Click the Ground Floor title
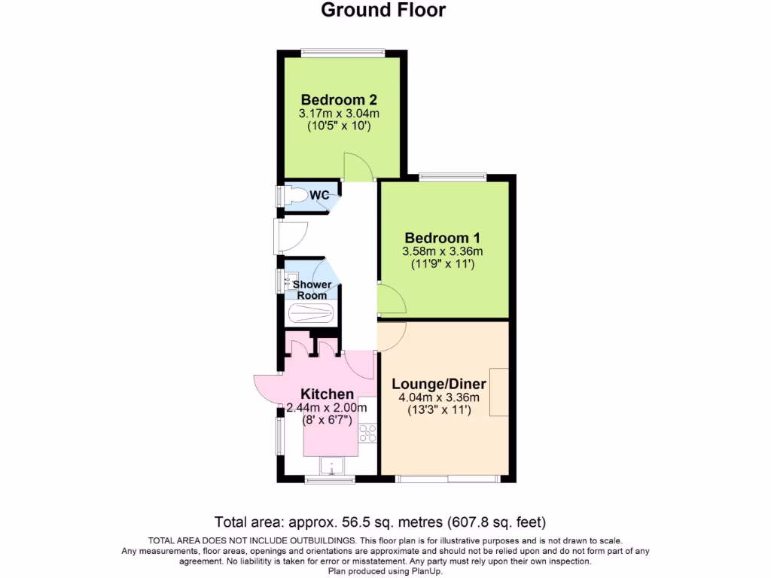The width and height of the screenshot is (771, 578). [383, 10]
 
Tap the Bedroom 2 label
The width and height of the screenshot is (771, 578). [339, 99]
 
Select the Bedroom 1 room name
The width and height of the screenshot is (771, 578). [443, 236]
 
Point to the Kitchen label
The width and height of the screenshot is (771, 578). [327, 394]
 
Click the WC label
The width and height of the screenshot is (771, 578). [320, 196]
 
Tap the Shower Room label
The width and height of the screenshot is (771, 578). [312, 290]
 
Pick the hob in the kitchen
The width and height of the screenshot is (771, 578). [367, 433]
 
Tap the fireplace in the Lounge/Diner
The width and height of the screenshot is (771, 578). [498, 391]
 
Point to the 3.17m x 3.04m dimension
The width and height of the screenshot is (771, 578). [339, 114]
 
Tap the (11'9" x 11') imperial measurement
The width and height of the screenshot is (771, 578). [443, 264]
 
